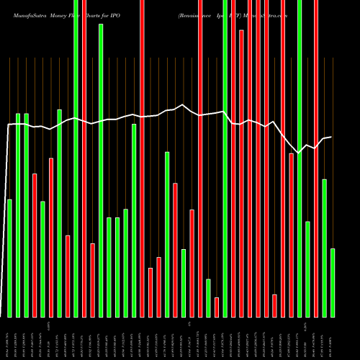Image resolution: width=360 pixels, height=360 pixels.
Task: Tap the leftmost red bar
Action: [35, 245]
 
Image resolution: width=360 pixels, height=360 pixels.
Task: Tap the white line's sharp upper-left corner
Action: [9, 125]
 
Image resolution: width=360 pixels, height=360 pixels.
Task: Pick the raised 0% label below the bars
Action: [189, 325]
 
